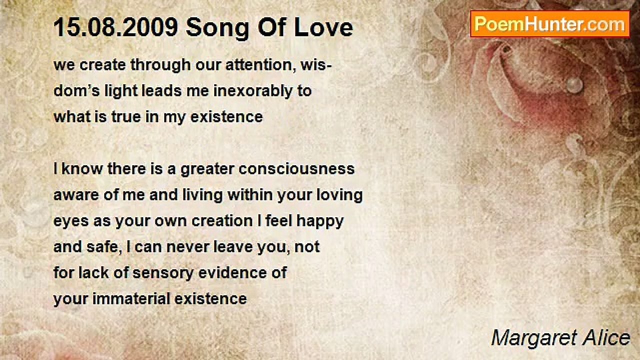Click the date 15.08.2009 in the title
tap(116, 27)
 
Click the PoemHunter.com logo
tap(550, 24)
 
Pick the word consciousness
tap(296, 169)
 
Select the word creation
tap(222, 221)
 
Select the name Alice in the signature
tap(606, 338)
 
